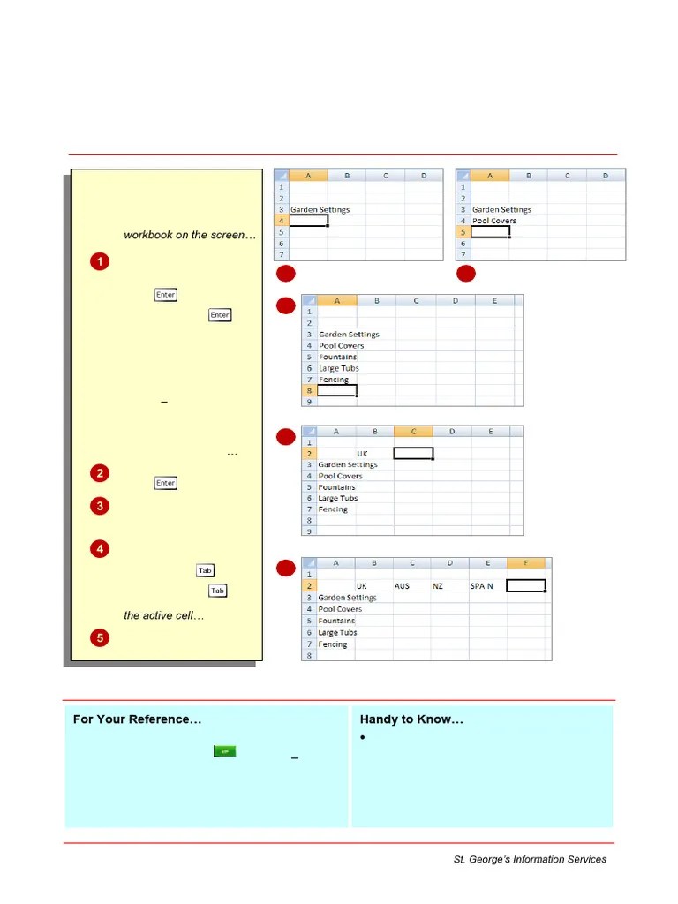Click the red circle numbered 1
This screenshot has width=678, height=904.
tap(100, 261)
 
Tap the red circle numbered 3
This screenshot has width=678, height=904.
tap(100, 506)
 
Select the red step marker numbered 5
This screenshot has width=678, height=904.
tap(100, 637)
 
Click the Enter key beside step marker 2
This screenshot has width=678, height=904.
tap(165, 483)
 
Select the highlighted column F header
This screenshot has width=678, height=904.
tap(527, 564)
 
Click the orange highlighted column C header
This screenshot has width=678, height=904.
tap(413, 432)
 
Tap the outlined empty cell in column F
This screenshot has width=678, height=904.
tap(526, 585)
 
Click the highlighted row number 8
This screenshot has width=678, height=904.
tap(310, 390)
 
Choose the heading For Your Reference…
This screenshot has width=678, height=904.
tap(137, 719)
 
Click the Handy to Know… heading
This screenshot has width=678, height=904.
tap(411, 719)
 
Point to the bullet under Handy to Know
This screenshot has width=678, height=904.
tap(364, 738)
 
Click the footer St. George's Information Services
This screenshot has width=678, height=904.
tap(530, 859)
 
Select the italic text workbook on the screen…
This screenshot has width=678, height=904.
tap(190, 236)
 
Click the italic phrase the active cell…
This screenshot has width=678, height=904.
tap(164, 615)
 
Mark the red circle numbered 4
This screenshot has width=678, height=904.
tap(100, 549)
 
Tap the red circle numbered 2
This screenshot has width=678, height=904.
tap(100, 473)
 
